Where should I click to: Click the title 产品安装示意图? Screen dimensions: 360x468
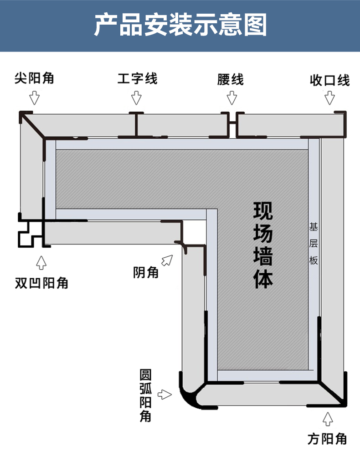[x=180, y=25]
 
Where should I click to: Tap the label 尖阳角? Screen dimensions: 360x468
[x=34, y=78]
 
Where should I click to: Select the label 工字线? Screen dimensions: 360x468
[x=137, y=78]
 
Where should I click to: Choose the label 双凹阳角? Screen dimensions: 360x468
[x=41, y=283]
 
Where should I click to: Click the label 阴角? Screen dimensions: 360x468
[x=146, y=273]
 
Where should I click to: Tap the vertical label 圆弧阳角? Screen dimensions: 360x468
[x=146, y=395]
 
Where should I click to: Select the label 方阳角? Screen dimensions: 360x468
[x=327, y=439]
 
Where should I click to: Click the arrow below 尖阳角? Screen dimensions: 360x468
[x=35, y=98]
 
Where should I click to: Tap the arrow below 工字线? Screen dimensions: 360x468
[x=136, y=98]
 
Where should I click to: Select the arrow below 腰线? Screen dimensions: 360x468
[x=232, y=98]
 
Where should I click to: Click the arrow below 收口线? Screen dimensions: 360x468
[x=330, y=98]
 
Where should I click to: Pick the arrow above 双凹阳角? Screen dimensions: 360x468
[x=41, y=262]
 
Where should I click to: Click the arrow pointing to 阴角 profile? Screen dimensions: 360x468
[x=168, y=260]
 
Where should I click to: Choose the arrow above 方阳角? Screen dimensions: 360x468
[x=327, y=418]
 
